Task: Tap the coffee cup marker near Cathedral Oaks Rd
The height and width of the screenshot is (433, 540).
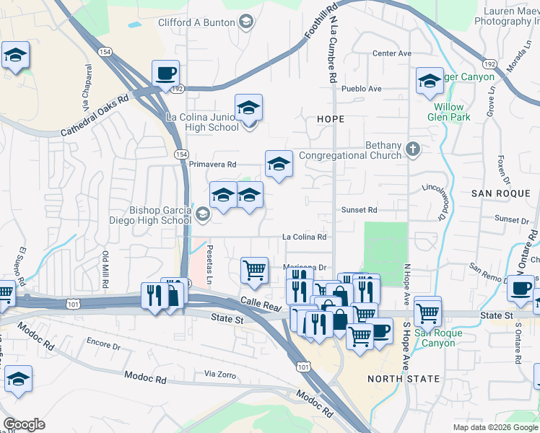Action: coord(165,73)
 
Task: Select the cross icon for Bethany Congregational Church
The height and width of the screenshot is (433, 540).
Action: coord(412,150)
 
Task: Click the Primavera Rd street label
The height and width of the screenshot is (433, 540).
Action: coord(213,165)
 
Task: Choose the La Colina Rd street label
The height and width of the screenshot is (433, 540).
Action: coord(304,237)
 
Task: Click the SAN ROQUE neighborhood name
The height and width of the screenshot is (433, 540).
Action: coord(500,193)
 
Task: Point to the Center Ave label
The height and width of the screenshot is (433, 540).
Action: coord(391,53)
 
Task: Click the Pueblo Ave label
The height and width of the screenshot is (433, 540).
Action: coord(361,89)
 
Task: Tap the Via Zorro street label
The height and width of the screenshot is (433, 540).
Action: coord(220,374)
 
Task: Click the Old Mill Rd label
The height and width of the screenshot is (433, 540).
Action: coord(105,269)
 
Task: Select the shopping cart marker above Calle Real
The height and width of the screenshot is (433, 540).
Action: coord(254,271)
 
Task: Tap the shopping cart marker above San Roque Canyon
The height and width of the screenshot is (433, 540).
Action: coord(428,310)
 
